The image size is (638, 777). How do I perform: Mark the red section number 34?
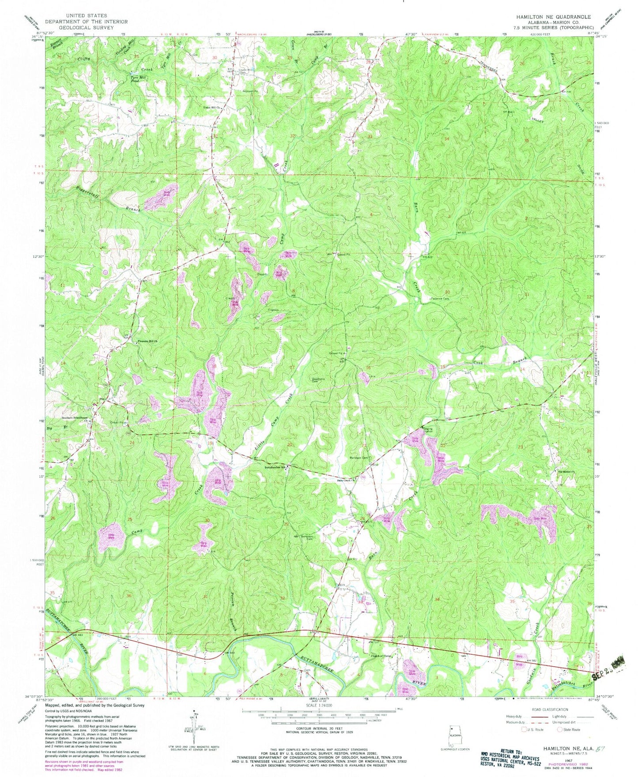(446, 139)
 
